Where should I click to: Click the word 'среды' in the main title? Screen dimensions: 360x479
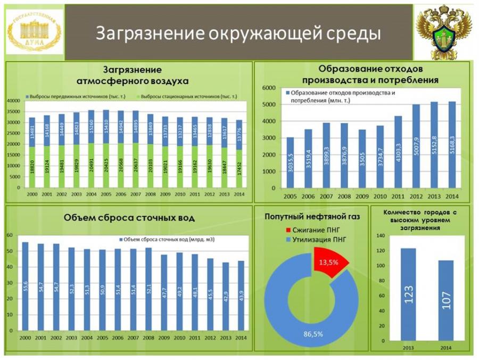[x=356, y=33]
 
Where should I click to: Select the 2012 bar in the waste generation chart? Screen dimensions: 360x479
[x=416, y=146]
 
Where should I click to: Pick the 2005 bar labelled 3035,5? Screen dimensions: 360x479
[x=290, y=162]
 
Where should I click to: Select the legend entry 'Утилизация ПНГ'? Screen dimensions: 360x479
[x=313, y=240]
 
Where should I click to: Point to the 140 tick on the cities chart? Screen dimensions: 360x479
[x=379, y=235]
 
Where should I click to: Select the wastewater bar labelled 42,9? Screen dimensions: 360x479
[x=226, y=298]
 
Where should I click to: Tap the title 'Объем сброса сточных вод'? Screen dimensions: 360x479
[x=129, y=218]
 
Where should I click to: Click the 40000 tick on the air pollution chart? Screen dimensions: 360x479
[x=12, y=101]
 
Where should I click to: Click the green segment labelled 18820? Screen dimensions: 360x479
[x=32, y=167]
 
